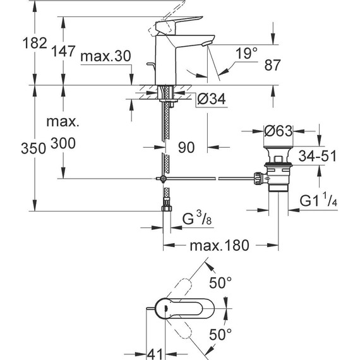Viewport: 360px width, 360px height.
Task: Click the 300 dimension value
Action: pyautogui.click(x=63, y=144)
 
